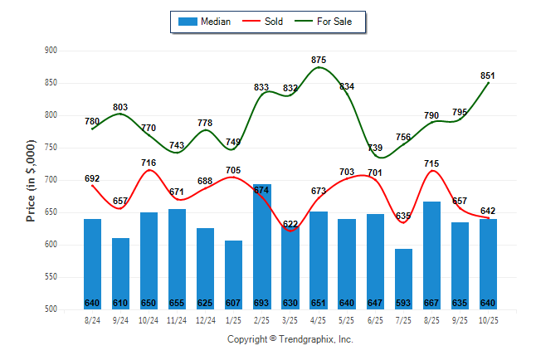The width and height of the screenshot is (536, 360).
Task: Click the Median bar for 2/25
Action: tap(262, 246)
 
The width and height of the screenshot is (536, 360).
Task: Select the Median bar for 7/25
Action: tap(403, 279)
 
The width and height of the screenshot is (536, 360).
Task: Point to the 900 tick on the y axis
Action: tap(51, 51)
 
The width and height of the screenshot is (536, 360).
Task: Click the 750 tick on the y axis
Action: tap(51, 148)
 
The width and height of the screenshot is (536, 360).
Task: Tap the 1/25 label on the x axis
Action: tap(233, 319)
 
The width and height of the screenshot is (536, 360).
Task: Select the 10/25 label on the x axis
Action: tap(488, 319)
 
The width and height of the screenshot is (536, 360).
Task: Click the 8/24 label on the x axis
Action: tap(92, 319)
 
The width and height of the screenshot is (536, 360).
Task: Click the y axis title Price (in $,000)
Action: tap(31, 180)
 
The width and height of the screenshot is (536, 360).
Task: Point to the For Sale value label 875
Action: tap(319, 60)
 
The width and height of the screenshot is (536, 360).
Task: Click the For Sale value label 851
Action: tap(488, 75)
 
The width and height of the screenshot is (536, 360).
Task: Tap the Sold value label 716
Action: tap(149, 163)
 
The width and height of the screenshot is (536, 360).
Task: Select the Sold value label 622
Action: tap(290, 224)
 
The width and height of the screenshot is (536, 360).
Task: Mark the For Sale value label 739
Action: tap(375, 148)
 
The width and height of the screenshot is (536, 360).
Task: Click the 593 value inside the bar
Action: tap(403, 303)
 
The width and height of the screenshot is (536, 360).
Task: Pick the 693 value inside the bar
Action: tap(262, 303)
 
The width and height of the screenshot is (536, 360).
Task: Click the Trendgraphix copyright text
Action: tap(290, 339)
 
